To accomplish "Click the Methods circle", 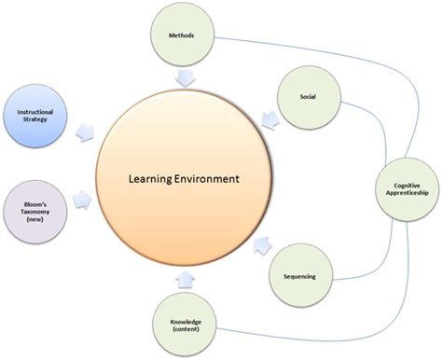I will click(x=182, y=36).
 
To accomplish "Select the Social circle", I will click(x=306, y=96).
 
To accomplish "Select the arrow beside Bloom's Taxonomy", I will click(x=84, y=197).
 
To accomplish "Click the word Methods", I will click(x=182, y=36).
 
